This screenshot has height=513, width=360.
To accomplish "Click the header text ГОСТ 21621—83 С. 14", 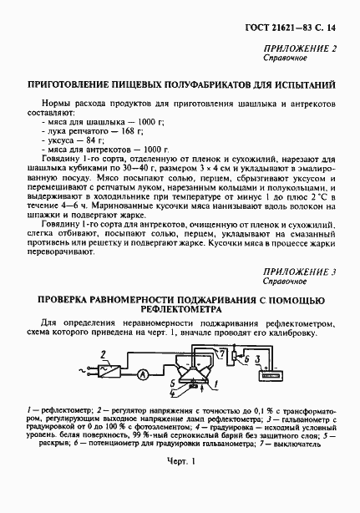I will click(x=300, y=27).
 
